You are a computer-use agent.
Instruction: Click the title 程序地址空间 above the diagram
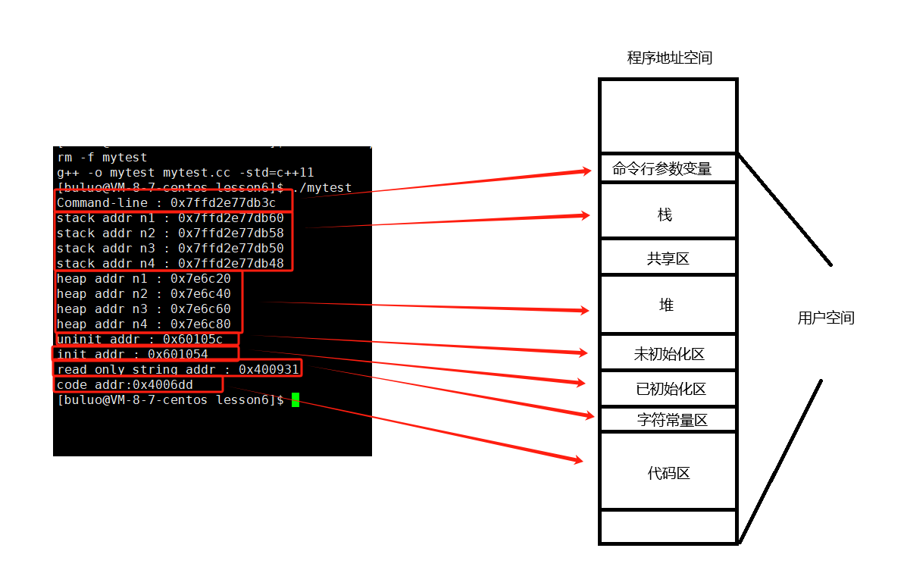tap(669, 58)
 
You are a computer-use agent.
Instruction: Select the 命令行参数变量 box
tap(662, 168)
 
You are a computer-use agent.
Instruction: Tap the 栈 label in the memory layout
tap(665, 215)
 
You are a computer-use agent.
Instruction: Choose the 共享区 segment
tap(668, 259)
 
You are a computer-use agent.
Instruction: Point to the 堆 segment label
tap(666, 305)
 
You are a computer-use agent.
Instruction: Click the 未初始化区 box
tap(669, 354)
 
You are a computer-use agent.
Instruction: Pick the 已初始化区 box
tap(671, 390)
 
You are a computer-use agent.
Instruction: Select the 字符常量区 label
tap(672, 420)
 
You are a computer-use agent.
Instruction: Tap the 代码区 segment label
tap(668, 474)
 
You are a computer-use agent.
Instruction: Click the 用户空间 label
tap(825, 318)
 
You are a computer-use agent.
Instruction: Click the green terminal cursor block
tap(296, 400)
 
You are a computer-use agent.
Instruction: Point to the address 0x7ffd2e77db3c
tap(223, 203)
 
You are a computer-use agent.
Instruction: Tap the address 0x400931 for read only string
tap(268, 370)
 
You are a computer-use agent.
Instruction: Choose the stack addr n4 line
tap(170, 264)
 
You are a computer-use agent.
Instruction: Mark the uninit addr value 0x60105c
tap(192, 340)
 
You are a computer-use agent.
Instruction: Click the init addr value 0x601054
tap(177, 355)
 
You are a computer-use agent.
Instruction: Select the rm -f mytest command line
tap(102, 158)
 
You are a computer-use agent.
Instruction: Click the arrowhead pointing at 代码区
tap(579, 459)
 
